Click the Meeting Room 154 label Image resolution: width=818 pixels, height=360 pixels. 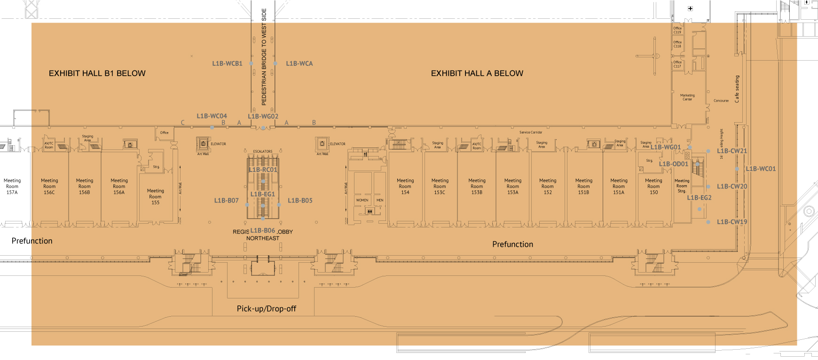405,186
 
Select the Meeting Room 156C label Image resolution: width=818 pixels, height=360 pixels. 49,186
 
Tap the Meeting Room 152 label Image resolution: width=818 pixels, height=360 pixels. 548,186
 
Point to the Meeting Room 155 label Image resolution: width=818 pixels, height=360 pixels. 155,196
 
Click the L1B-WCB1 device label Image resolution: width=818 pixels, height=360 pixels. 227,63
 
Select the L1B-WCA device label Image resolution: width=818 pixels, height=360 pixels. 299,63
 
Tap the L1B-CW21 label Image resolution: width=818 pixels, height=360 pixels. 731,151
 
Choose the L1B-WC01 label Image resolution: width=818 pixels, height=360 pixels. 761,169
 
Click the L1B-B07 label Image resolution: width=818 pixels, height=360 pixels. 227,201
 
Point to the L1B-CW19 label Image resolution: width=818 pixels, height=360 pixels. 731,222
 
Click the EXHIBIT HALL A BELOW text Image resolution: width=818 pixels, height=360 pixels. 477,73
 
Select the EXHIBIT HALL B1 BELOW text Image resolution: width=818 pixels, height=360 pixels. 97,73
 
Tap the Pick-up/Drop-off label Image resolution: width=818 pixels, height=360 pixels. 266,309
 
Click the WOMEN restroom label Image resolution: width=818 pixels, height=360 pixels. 362,200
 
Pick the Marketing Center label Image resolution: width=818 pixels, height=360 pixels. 687,97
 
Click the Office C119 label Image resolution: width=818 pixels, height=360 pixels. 677,30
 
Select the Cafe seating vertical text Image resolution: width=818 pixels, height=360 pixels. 737,89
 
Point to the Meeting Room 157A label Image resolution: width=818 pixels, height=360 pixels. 12,186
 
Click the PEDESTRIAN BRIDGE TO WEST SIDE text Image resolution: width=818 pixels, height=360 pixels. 264,56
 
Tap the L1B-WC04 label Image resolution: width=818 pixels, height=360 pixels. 212,116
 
